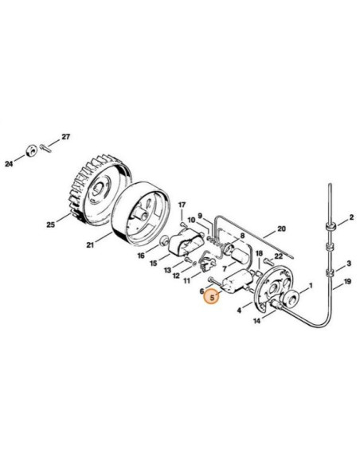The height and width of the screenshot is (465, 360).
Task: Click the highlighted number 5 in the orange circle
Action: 212,298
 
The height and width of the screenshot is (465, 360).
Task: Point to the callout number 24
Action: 9,164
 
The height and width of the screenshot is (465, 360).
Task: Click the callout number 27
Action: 66,137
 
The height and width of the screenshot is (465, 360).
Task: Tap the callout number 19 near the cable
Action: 349,283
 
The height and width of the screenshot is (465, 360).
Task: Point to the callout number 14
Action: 256,322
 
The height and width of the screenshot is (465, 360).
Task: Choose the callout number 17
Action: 182,205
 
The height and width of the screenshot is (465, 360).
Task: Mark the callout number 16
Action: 141,256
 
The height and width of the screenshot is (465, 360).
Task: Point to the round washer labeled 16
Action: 164,241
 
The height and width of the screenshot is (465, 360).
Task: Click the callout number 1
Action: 311,285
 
